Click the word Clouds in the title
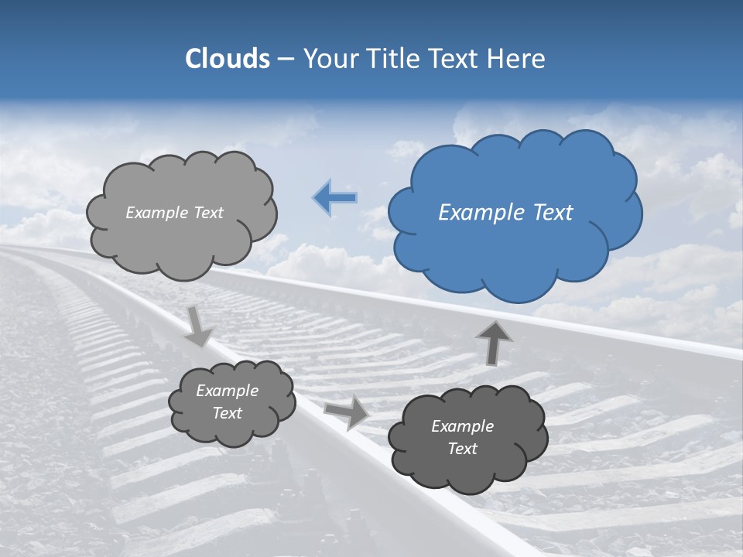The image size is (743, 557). [x=228, y=59]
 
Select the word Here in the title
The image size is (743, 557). [x=519, y=59]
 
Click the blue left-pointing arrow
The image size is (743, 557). [x=335, y=198]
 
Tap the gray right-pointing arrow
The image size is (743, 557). [x=348, y=411]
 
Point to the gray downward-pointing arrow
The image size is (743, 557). [x=199, y=326]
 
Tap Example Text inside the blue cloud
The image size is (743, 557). [x=505, y=213]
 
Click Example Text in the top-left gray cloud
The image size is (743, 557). [x=174, y=213]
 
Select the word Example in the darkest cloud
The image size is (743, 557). [x=462, y=426]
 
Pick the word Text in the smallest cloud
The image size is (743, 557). [x=228, y=413]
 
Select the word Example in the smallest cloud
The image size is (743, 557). [x=228, y=391]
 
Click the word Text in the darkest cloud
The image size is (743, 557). [x=462, y=449]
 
